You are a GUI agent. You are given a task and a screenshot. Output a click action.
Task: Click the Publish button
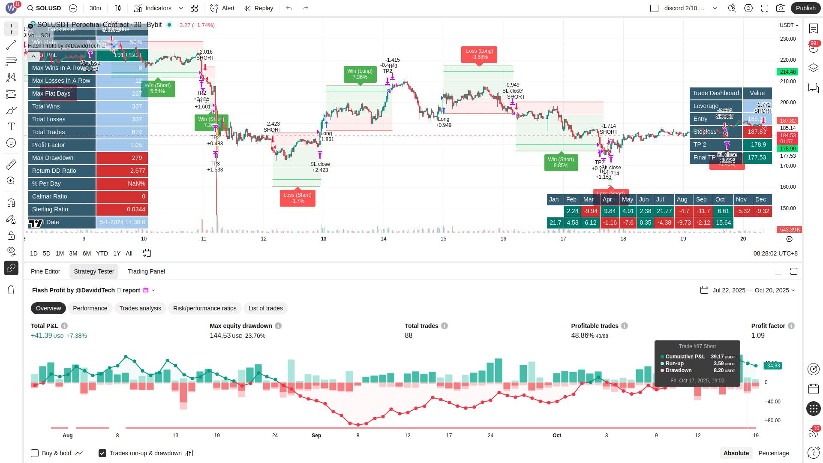pyautogui.click(x=805, y=8)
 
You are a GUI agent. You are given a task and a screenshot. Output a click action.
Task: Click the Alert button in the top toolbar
pyautogui.click(x=222, y=8)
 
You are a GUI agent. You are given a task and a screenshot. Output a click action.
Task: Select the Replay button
pyautogui.click(x=258, y=8)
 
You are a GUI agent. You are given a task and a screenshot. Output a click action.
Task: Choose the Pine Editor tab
pyautogui.click(x=45, y=271)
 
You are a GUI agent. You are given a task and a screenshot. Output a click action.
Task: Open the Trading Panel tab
pyautogui.click(x=146, y=271)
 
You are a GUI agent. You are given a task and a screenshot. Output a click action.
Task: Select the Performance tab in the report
pyautogui.click(x=90, y=308)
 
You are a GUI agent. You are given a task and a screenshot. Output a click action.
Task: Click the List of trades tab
pyautogui.click(x=265, y=308)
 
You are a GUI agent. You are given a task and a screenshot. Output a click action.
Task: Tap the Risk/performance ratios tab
pyautogui.click(x=204, y=308)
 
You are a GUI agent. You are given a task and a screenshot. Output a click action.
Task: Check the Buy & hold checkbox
pyautogui.click(x=35, y=453)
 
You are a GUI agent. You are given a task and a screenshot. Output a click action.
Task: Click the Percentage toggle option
pyautogui.click(x=773, y=453)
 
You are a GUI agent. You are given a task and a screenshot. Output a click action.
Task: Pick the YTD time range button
pyautogui.click(x=102, y=253)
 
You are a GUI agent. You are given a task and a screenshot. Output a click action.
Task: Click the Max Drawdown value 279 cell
pyautogui.click(x=122, y=158)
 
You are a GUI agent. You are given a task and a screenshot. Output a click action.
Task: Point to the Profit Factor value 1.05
pyautogui.click(x=122, y=145)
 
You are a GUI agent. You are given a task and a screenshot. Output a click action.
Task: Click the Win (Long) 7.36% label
pyautogui.click(x=360, y=74)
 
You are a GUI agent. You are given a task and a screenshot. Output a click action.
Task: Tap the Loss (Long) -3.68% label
pyautogui.click(x=479, y=54)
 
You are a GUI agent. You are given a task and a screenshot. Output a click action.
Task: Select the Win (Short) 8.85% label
pyautogui.click(x=561, y=162)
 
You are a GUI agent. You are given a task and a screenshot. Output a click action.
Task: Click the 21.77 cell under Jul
pyautogui.click(x=664, y=211)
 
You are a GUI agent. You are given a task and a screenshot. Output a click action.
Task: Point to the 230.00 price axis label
pyautogui.click(x=787, y=39)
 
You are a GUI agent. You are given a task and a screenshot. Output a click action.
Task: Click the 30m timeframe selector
pyautogui.click(x=95, y=8)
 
